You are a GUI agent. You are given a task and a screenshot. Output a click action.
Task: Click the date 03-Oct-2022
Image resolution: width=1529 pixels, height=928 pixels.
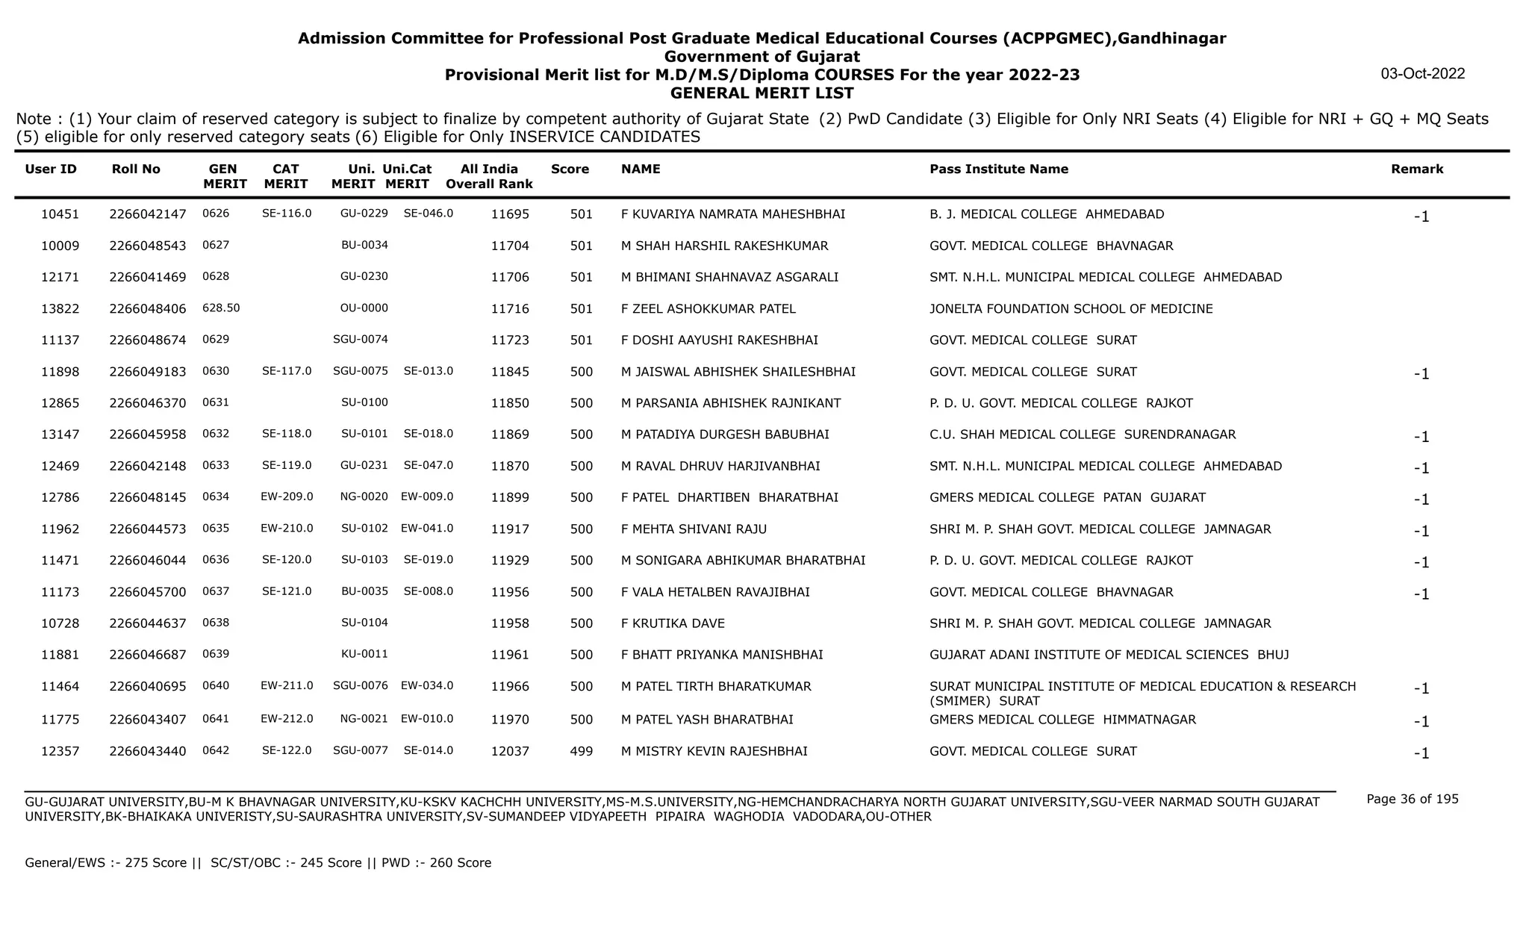[1422, 74]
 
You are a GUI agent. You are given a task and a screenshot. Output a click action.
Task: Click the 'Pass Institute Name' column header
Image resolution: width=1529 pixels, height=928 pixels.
[998, 169]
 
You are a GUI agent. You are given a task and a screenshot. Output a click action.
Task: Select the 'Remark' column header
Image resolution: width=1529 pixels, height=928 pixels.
[1416, 169]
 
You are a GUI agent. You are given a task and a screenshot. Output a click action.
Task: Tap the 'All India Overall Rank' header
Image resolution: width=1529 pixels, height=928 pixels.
[489, 176]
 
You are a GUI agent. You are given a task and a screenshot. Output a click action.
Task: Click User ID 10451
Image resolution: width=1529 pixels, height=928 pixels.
[60, 214]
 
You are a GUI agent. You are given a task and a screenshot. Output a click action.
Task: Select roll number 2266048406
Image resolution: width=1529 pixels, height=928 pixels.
[148, 309]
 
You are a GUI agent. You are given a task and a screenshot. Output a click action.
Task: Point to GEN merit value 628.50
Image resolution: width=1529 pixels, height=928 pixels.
[221, 308]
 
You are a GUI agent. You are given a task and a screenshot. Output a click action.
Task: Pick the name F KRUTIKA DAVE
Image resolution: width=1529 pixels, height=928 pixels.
[673, 623]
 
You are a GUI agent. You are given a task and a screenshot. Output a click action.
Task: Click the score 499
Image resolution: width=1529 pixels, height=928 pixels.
[581, 751]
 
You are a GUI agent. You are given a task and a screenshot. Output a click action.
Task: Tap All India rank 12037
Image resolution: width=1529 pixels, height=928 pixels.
[510, 751]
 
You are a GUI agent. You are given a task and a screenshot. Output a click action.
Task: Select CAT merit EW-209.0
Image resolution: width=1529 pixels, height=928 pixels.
[287, 496]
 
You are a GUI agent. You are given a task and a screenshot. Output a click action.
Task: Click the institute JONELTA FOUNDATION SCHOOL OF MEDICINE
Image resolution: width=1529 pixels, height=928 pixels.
[1071, 309]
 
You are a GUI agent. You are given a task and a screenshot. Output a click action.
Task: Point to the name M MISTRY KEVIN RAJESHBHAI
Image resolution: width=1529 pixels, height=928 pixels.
[714, 751]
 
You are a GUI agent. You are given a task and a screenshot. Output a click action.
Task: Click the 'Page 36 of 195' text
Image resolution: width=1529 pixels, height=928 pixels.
[1412, 799]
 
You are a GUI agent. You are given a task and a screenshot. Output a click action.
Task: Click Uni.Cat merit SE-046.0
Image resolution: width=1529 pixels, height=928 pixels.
[428, 214]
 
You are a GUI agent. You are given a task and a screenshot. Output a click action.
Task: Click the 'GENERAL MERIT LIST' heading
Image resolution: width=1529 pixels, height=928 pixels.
[762, 93]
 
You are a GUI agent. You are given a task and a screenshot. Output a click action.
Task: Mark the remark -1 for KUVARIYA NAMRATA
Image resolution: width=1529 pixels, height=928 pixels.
[1421, 217]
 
